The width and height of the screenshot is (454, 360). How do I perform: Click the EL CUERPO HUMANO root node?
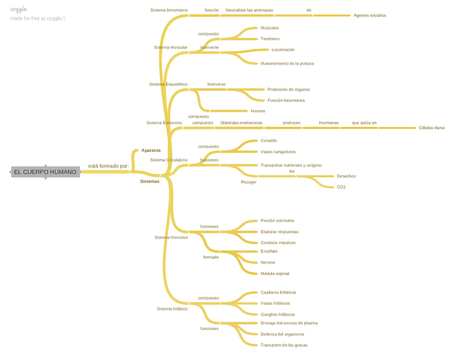click(45, 172)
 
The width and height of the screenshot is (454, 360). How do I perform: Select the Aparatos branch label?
click(150, 150)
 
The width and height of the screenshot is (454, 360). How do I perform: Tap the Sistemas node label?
click(149, 181)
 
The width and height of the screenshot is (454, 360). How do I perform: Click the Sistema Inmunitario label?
click(169, 10)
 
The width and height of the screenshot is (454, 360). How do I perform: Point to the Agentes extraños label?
click(369, 16)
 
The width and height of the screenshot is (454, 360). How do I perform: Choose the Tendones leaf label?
click(270, 39)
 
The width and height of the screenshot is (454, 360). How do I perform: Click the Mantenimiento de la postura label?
click(287, 64)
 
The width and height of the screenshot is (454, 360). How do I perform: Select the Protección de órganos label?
click(288, 90)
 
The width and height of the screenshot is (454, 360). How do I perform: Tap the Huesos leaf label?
click(258, 111)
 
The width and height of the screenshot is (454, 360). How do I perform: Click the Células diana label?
click(432, 128)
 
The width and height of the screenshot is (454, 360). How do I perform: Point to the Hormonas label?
click(329, 123)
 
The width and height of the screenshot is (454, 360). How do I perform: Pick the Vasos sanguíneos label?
click(278, 152)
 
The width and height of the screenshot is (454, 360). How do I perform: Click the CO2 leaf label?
click(341, 187)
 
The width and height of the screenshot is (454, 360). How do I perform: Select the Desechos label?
click(346, 176)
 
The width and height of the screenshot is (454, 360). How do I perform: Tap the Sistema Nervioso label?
click(171, 238)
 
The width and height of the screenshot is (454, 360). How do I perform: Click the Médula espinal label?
click(275, 274)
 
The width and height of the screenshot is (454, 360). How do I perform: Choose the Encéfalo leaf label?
click(269, 251)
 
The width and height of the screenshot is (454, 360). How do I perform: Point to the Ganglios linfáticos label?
click(277, 315)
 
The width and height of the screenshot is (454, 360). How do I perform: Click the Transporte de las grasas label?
click(284, 345)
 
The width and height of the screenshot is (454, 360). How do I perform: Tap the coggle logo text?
click(19, 9)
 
